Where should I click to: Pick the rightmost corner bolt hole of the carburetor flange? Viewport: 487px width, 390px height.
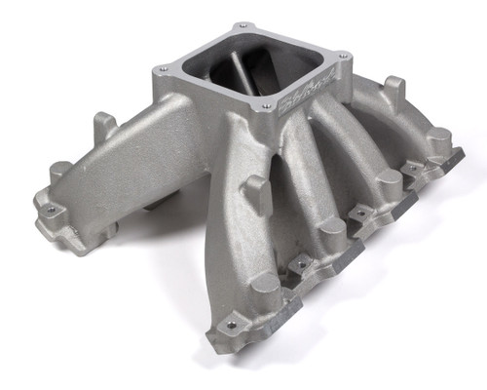tap(314, 64)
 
